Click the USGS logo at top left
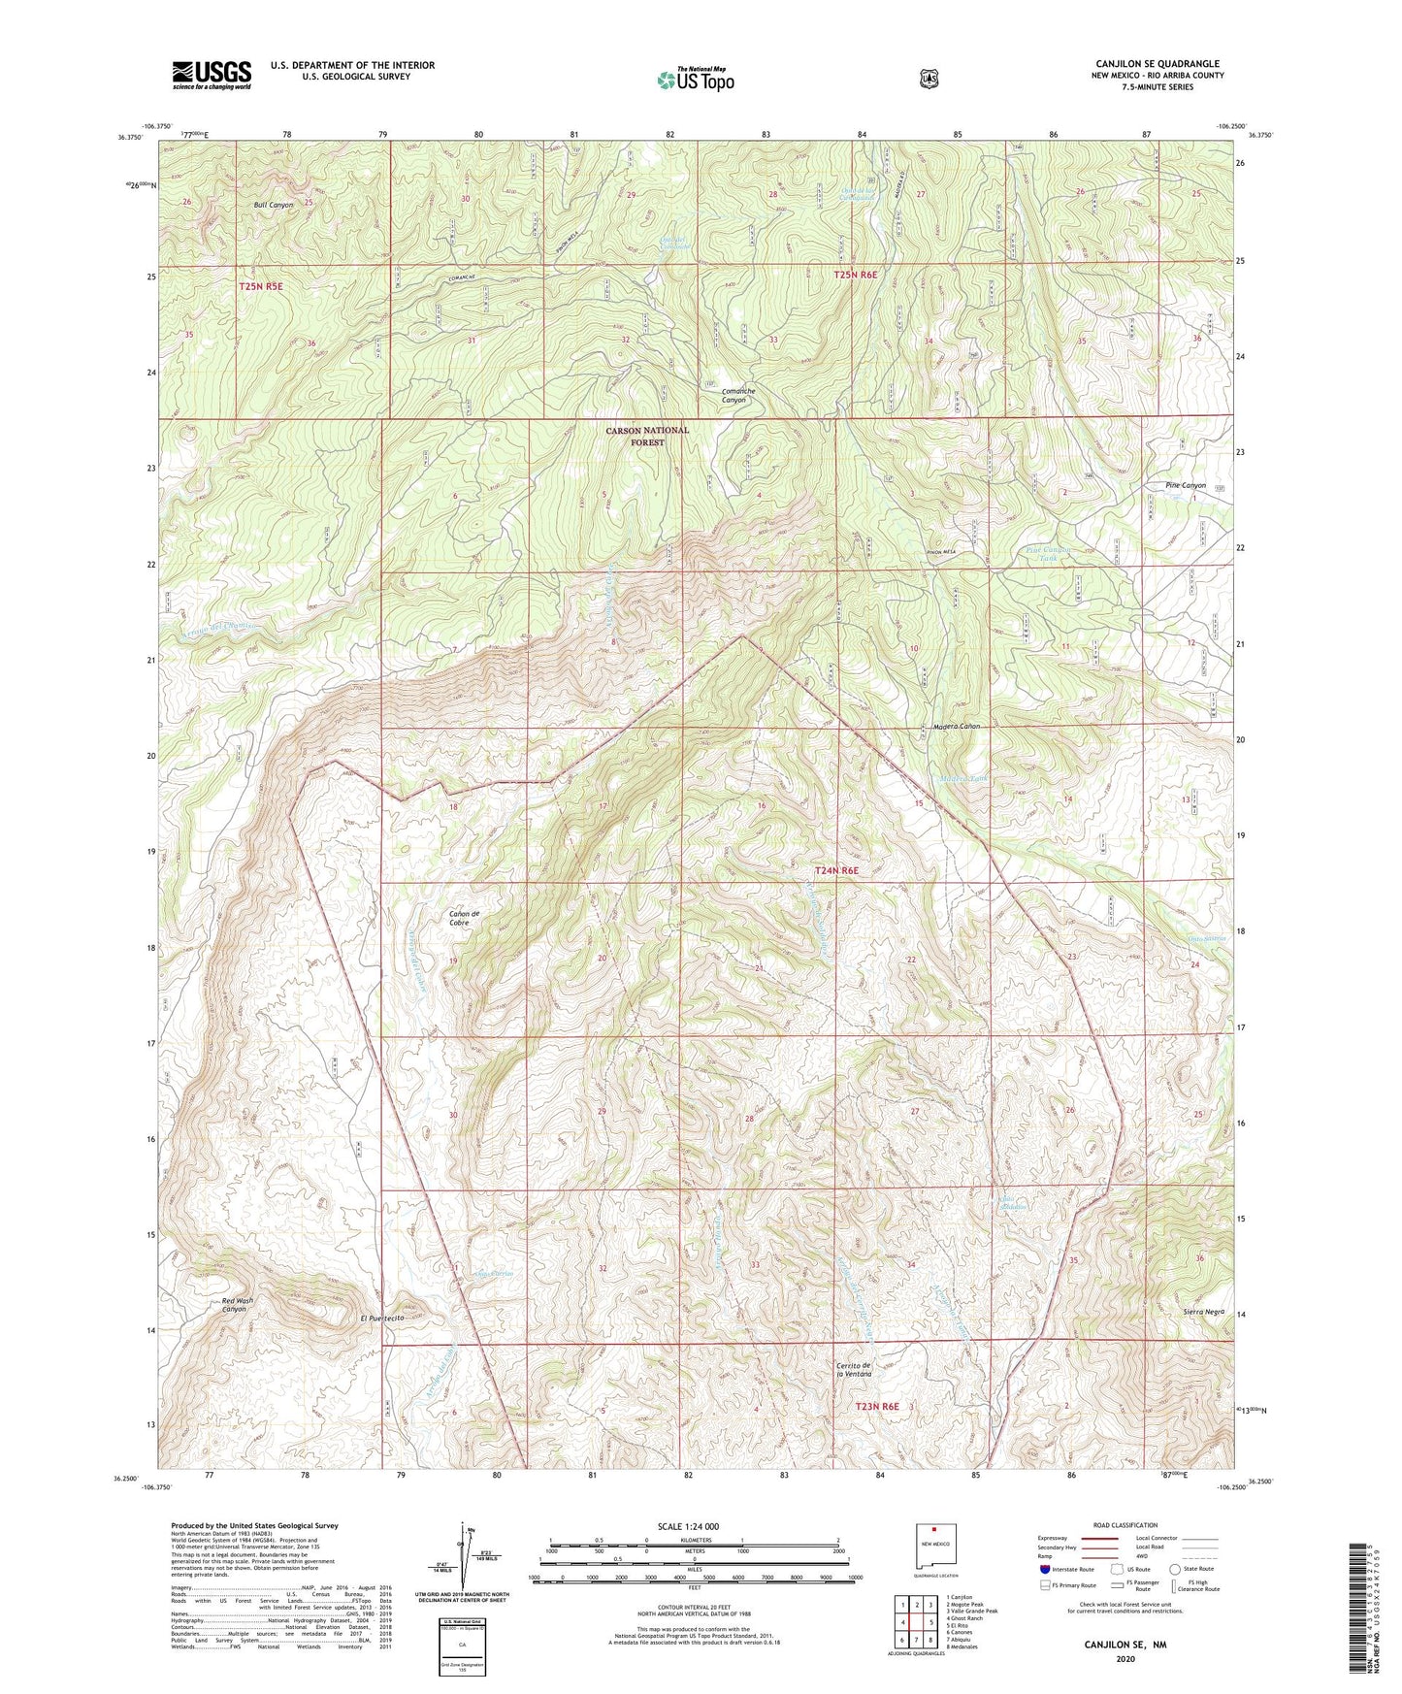click(212, 75)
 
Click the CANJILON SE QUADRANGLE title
click(1156, 64)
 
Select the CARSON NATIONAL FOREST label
click(647, 436)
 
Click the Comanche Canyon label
click(738, 395)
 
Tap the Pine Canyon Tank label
click(1048, 554)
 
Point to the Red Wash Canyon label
click(234, 1304)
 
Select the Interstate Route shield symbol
click(1044, 1568)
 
